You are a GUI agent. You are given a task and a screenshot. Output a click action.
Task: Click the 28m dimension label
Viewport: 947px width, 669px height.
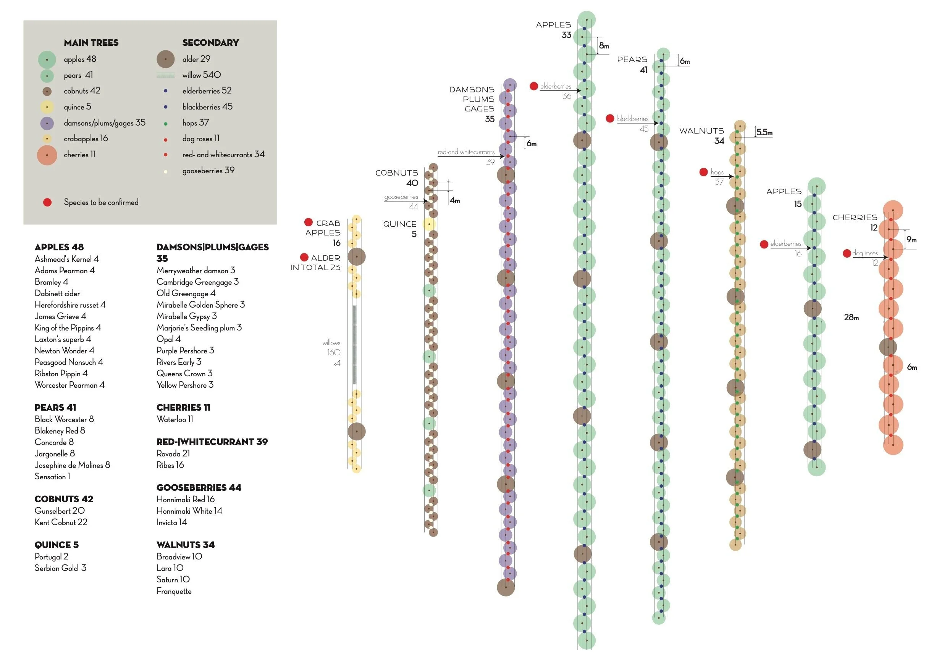[851, 317]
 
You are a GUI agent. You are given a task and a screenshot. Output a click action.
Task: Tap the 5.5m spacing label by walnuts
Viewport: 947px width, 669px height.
[764, 132]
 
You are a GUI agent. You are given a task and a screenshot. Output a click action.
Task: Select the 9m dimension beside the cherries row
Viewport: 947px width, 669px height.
[911, 240]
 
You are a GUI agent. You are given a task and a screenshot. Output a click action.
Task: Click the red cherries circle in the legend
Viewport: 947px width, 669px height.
[47, 155]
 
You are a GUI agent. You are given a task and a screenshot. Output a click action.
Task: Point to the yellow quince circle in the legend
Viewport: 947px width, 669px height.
[47, 107]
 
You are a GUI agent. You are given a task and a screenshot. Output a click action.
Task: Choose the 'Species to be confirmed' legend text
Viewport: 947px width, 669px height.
[101, 202]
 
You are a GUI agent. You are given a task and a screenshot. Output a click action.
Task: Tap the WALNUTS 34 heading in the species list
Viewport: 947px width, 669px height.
[185, 545]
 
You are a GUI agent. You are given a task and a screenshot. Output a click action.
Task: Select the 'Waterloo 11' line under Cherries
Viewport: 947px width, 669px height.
[175, 419]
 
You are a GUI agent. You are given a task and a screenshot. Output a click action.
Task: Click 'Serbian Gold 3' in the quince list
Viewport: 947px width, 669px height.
[60, 568]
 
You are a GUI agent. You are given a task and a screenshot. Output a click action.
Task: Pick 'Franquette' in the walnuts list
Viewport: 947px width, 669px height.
[174, 591]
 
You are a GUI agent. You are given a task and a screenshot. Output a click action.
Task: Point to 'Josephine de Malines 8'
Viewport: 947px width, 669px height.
[72, 465]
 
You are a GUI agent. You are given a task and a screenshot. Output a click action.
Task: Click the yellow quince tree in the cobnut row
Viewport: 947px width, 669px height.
[429, 224]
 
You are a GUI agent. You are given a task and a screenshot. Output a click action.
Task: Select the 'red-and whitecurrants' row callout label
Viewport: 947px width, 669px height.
[466, 152]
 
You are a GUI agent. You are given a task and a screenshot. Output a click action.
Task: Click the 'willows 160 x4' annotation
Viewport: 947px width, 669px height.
[333, 352]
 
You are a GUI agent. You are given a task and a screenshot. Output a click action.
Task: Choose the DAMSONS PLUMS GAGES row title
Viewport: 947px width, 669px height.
[472, 99]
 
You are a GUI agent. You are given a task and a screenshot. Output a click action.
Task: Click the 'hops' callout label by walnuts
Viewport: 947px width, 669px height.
[717, 172]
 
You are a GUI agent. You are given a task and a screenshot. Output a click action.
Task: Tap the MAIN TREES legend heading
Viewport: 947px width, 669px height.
[91, 43]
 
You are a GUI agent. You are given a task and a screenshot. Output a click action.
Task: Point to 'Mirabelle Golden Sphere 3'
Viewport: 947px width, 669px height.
[200, 305]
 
